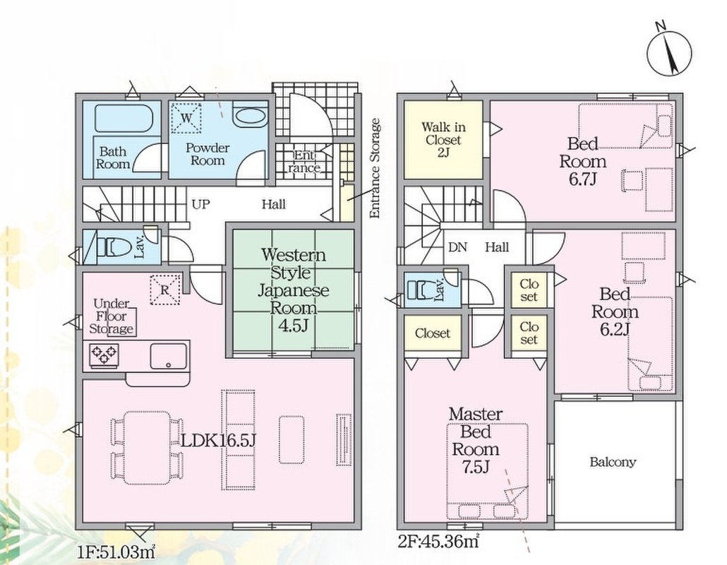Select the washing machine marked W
pos(187,117)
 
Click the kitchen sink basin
pos(167,355)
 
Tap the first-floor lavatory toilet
pos(113,246)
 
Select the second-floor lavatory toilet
pos(423,290)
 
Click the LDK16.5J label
pos(217,440)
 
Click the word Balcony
pos(613,463)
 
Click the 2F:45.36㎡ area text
pos(438,543)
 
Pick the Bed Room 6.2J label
pos(615,311)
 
